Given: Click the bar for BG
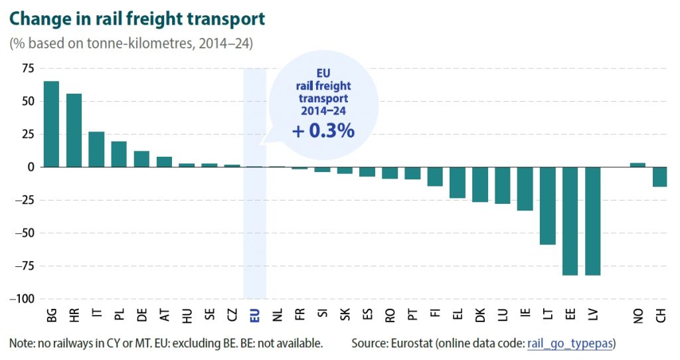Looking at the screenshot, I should (51, 124).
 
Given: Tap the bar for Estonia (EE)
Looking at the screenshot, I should (570, 221).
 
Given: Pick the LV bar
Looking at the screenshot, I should (593, 221).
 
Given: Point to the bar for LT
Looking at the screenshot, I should (548, 206).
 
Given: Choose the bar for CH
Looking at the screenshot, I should (661, 177).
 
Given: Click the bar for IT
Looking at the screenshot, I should (96, 149).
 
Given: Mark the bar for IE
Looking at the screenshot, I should (525, 189).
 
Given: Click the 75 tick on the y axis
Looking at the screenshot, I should (27, 68).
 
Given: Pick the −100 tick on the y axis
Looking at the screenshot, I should (22, 299).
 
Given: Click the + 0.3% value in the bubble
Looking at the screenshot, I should (323, 131).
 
